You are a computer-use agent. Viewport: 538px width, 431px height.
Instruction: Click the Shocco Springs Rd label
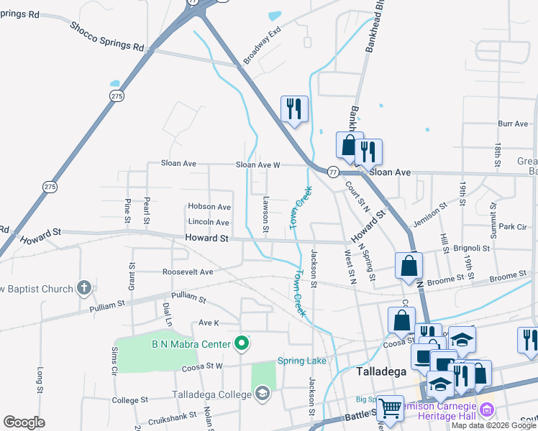[106, 36]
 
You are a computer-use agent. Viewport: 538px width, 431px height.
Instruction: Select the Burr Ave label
[513, 124]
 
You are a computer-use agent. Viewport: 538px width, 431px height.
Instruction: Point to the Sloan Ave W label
[257, 164]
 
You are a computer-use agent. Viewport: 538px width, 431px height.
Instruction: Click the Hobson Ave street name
[209, 207]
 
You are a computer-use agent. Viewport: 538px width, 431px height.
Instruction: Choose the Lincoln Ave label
[209, 223]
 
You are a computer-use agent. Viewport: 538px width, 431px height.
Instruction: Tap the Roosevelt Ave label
[188, 272]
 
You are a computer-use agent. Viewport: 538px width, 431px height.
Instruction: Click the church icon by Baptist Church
[84, 289]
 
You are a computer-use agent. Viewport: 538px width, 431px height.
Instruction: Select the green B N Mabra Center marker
[242, 344]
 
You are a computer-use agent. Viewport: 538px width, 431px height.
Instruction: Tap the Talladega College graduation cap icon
[262, 393]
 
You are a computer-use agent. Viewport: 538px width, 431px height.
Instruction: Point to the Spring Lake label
[302, 361]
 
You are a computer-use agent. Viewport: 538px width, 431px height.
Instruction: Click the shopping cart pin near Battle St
[391, 407]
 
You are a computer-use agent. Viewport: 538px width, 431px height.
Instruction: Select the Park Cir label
[513, 226]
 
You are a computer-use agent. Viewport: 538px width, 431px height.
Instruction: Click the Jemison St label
[433, 212]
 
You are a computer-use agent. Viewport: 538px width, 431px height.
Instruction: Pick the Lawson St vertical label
[265, 215]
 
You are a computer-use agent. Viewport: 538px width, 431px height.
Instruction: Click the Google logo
[24, 422]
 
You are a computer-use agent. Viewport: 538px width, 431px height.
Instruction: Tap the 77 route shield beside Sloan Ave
[333, 172]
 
